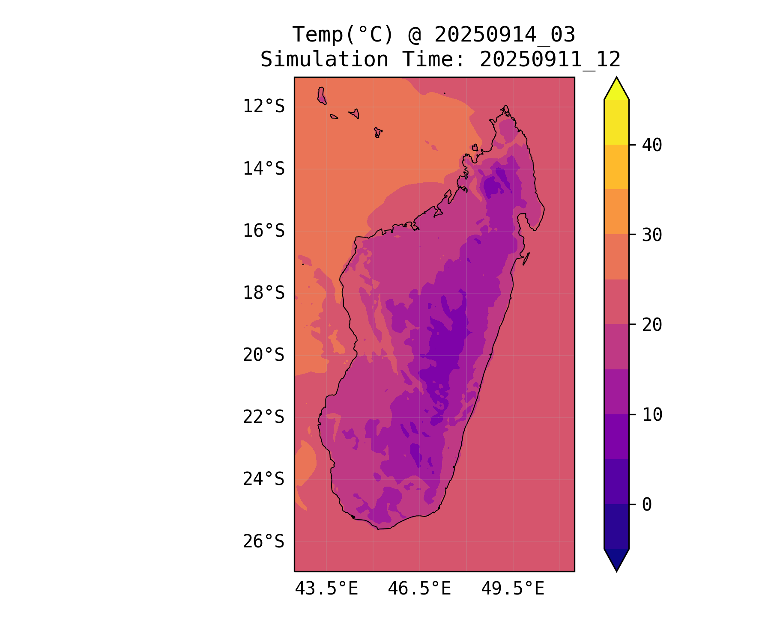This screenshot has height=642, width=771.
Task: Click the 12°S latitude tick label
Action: [x=263, y=106]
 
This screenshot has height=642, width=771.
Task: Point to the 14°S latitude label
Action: [x=263, y=169]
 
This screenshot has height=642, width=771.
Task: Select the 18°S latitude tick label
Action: [x=263, y=293]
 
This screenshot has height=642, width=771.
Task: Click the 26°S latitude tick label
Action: [x=263, y=541]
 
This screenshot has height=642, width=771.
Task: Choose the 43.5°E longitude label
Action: [x=326, y=589]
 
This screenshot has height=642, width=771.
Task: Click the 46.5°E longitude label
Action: [x=419, y=589]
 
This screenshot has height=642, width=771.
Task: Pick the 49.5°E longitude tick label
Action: [x=513, y=589]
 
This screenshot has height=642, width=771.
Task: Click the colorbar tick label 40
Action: [x=652, y=145]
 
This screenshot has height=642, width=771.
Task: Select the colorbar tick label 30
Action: [x=652, y=235]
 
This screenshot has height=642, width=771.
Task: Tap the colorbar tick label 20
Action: [x=652, y=325]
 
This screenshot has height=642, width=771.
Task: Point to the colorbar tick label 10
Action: [x=652, y=414]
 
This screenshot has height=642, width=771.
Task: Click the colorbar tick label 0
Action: [x=647, y=505]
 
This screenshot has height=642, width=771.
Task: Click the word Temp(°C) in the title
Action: [x=343, y=35]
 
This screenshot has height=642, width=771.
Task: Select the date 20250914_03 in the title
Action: [x=505, y=35]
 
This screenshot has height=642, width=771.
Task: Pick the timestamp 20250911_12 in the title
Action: [x=550, y=59]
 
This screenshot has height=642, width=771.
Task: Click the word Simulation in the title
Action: [x=324, y=59]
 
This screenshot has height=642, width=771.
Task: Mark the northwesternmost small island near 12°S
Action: [x=322, y=95]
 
